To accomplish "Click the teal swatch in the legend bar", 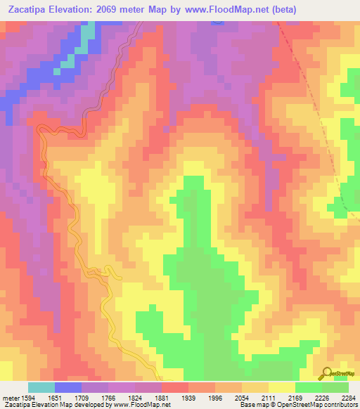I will pos(41,387).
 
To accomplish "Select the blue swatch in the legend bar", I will pos(68,387).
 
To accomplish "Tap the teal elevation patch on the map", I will pos(87,35).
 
